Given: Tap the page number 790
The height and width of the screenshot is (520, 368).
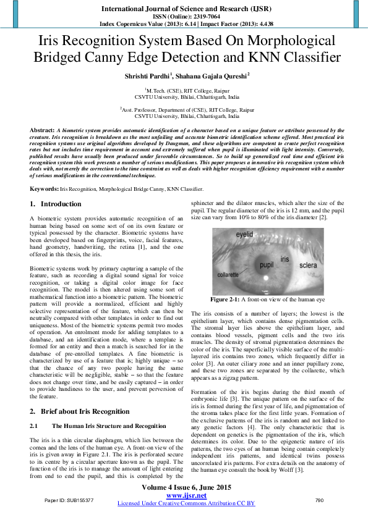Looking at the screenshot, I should pos(319,500).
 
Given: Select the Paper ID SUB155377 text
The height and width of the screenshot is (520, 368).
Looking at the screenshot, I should pos(69,500).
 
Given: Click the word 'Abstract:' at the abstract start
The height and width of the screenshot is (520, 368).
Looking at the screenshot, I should pos(42,131).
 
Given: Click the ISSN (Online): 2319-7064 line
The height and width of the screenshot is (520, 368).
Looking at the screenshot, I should pos(184,17).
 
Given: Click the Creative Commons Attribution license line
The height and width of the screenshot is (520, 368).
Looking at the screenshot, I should pos(186,503).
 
